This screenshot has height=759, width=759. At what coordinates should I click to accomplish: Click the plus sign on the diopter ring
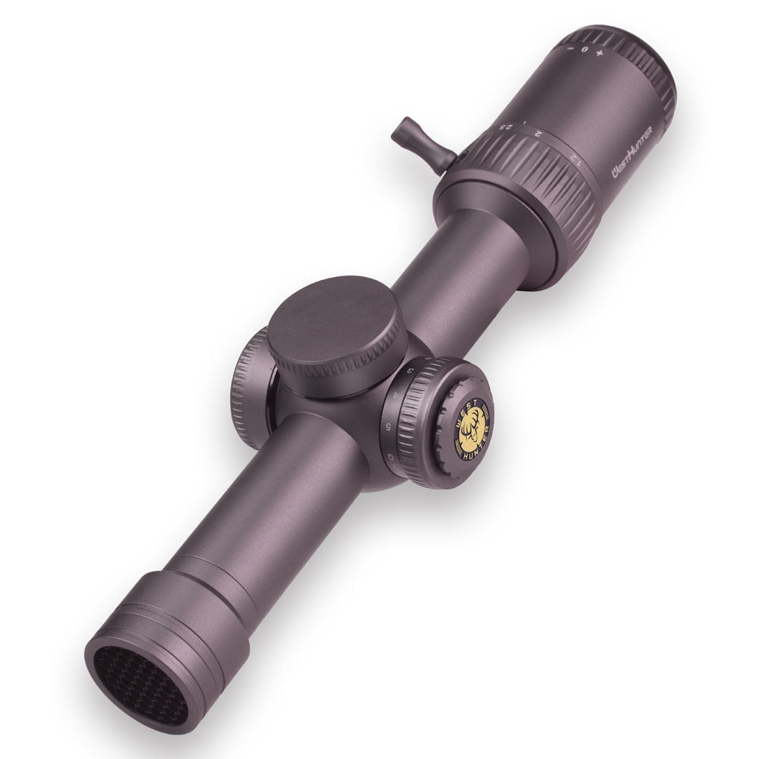[x=600, y=54]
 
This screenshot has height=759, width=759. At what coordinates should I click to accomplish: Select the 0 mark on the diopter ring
[x=584, y=49]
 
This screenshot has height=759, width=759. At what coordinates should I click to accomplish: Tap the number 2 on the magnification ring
[x=537, y=134]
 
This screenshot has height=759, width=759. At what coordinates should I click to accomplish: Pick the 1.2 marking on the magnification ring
[x=575, y=159]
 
